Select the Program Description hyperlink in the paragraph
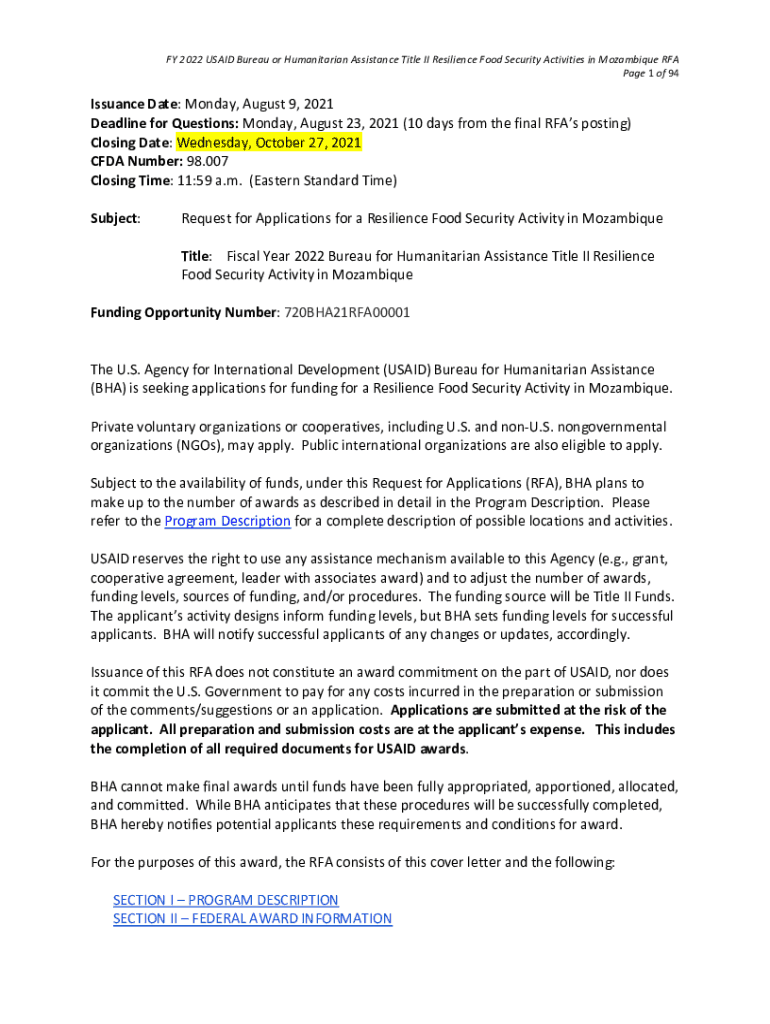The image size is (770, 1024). pos(227,521)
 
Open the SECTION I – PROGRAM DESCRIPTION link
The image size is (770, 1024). pos(226,900)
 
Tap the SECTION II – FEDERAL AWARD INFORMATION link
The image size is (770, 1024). pos(252,919)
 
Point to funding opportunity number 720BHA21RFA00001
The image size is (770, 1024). pos(347,312)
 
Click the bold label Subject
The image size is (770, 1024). pos(114,218)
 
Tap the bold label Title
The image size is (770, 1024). pos(196,256)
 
